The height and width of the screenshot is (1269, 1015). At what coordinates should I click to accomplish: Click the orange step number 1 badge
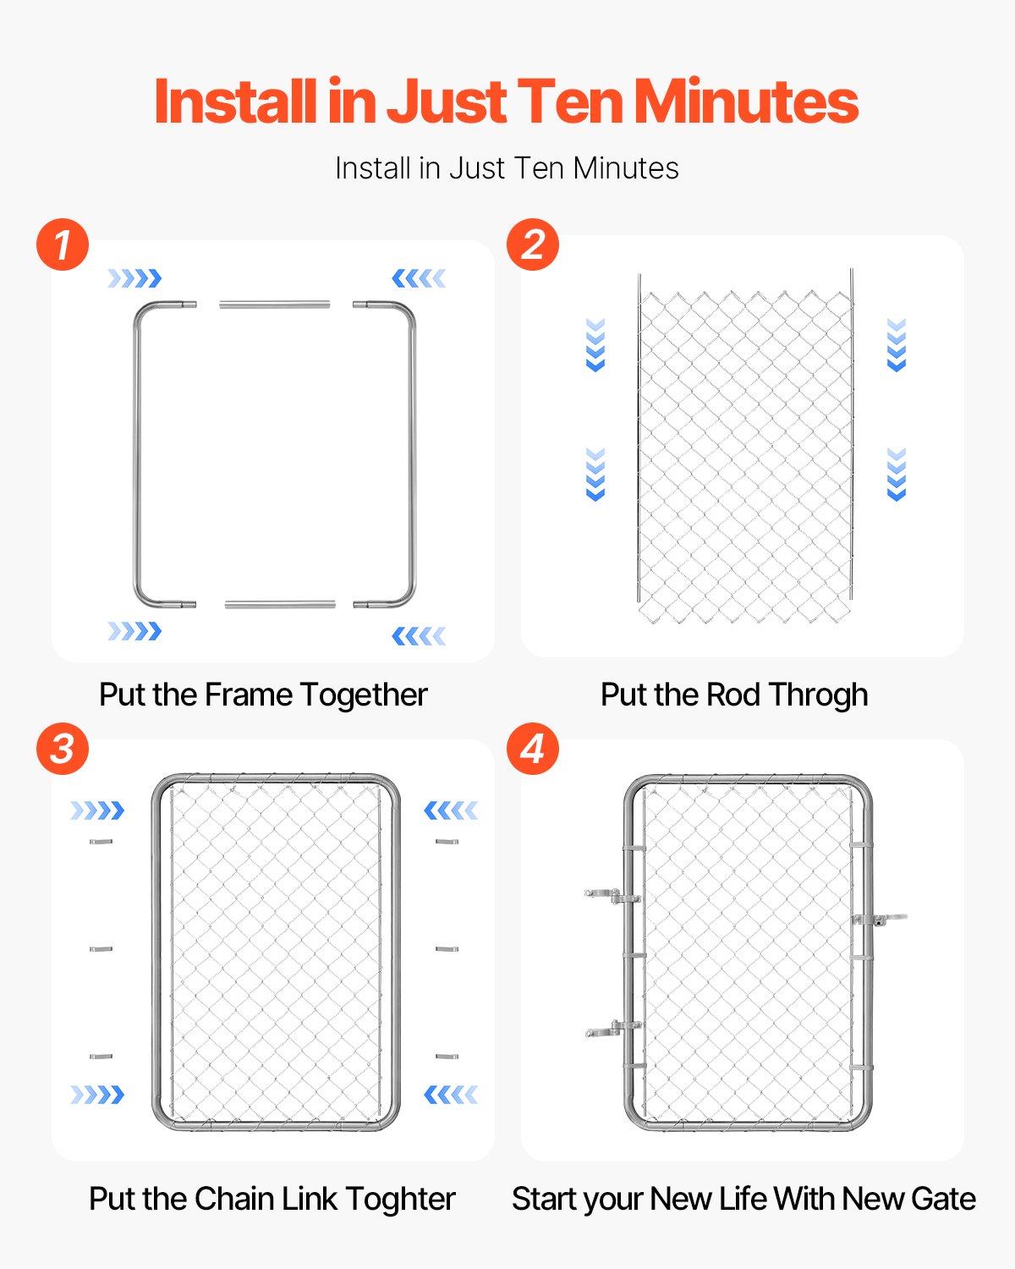tap(63, 244)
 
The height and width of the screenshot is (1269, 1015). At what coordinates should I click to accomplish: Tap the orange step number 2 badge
tap(532, 244)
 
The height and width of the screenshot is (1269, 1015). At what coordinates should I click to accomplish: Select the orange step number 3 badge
tap(63, 749)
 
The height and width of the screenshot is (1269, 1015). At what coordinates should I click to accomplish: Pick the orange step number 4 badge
tap(532, 749)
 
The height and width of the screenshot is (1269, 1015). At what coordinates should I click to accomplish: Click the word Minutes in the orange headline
tap(746, 102)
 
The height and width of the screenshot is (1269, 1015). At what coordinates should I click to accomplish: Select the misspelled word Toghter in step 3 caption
tap(400, 1199)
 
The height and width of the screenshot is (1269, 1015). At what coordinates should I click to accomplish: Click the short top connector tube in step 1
tap(275, 304)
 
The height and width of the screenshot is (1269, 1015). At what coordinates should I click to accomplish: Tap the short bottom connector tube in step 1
tap(280, 604)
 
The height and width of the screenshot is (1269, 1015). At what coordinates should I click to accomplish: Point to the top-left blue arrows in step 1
tap(134, 278)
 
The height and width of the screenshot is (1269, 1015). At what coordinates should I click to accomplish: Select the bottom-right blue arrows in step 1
tap(419, 635)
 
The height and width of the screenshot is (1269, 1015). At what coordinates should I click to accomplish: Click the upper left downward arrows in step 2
tap(595, 344)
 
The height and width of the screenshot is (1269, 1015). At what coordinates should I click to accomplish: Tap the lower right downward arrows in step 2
tap(897, 475)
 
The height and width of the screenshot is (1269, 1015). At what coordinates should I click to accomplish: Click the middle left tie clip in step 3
tap(101, 949)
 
